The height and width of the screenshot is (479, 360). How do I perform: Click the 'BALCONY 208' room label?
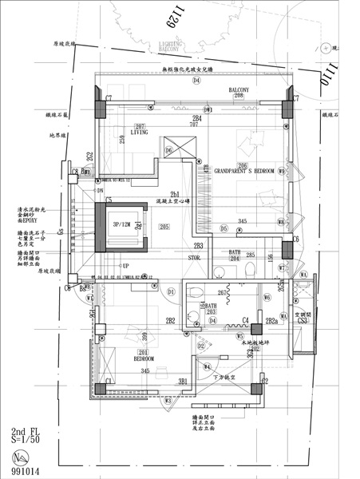[238, 93]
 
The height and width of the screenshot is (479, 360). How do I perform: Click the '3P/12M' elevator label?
[121, 225]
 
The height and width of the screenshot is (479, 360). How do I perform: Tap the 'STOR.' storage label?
[194, 258]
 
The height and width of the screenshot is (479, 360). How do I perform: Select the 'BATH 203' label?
[212, 308]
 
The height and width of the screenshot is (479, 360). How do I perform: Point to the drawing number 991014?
[21, 472]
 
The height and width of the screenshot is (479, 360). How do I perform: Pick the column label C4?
[247, 320]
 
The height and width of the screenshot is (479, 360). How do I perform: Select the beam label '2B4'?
[196, 118]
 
